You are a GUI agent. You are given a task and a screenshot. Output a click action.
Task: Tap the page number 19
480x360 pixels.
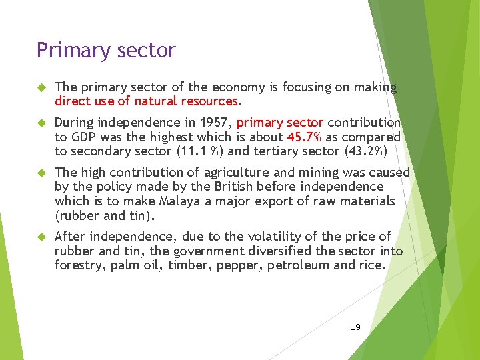[355, 327]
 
